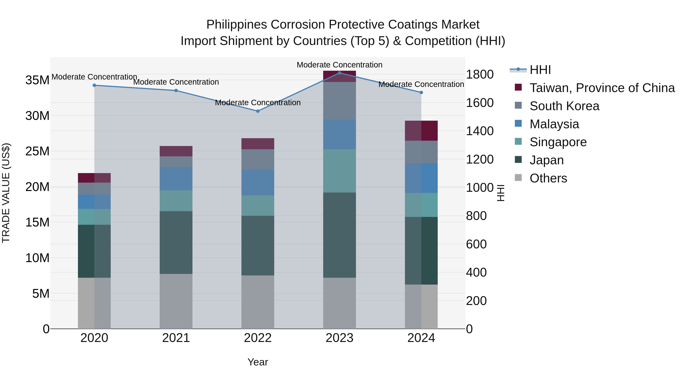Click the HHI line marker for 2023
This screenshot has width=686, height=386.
[339, 73]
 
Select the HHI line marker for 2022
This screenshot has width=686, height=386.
[257, 111]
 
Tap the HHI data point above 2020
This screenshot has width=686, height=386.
[94, 85]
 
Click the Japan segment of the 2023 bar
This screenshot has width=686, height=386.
[339, 235]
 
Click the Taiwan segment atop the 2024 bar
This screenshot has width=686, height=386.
[421, 131]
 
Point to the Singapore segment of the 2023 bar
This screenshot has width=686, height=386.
[339, 171]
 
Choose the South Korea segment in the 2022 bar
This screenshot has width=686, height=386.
[257, 159]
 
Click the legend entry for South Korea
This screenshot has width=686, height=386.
[564, 106]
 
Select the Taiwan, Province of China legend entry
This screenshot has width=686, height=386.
[602, 88]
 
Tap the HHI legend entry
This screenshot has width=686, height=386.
[540, 70]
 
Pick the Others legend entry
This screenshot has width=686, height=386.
[548, 178]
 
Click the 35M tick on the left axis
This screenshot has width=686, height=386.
[37, 80]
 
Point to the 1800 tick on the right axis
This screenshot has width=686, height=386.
[479, 74]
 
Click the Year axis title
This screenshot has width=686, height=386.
[257, 362]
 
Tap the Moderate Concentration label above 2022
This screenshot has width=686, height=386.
[257, 103]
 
